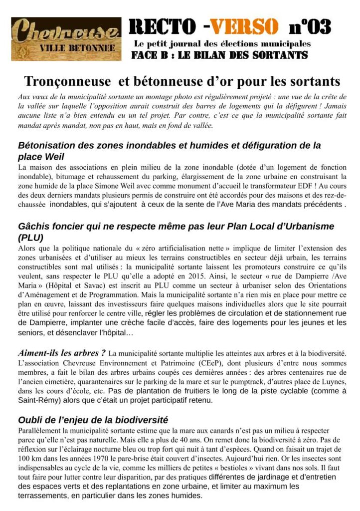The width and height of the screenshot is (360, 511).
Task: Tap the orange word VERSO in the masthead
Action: coord(243,26)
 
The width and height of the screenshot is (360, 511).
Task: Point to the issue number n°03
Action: coord(310,26)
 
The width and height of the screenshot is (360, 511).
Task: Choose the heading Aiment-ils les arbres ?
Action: coord(61,353)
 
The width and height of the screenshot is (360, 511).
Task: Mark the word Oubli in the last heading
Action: coord(31,420)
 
